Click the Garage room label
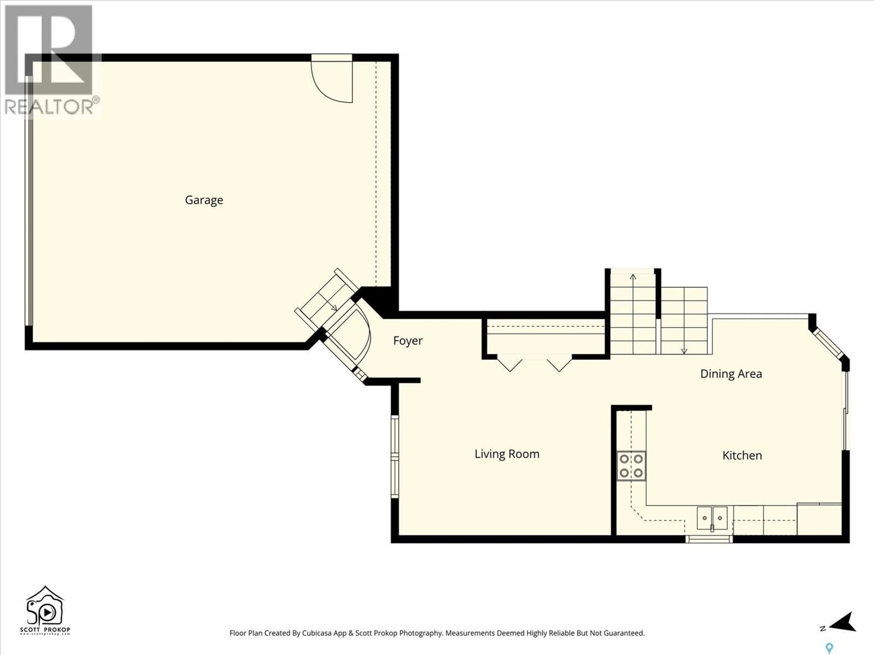coord(204,200)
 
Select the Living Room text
coord(507,454)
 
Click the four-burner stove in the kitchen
coord(631,466)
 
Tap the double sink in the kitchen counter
coord(712,518)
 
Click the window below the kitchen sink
coord(709,539)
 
